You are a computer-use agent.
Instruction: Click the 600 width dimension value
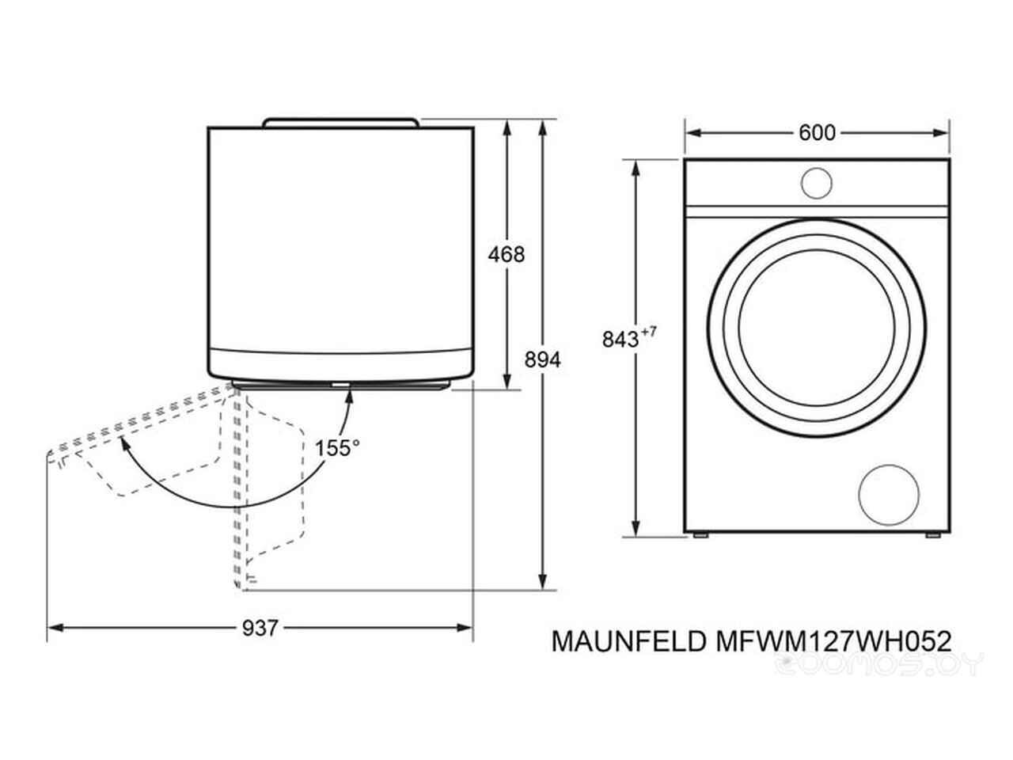click(x=816, y=133)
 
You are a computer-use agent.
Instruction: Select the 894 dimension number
click(x=543, y=359)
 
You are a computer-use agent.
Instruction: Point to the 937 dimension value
click(x=260, y=628)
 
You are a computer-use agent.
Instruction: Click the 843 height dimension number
click(x=620, y=339)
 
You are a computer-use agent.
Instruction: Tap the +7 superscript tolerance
click(x=648, y=332)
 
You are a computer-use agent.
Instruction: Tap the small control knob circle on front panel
click(x=816, y=183)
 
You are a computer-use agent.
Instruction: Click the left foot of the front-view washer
click(x=700, y=536)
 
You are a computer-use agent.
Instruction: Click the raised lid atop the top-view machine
click(x=341, y=122)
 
